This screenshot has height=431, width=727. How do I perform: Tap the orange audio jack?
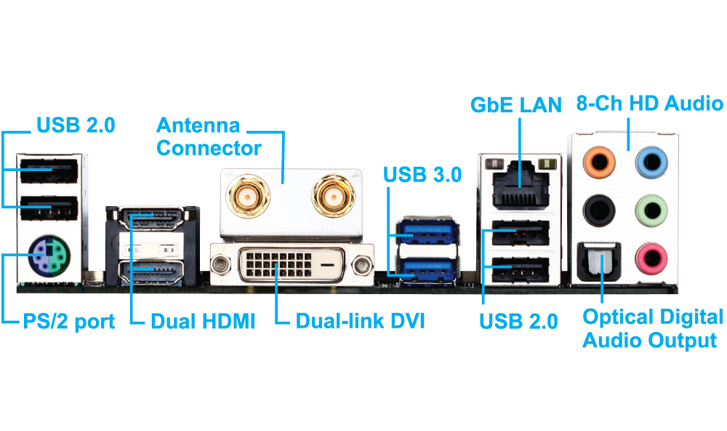[600, 161]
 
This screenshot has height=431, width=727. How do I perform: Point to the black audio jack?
[600, 210]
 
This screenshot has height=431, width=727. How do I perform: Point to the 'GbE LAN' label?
[516, 104]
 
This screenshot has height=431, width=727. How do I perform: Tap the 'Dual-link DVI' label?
[360, 321]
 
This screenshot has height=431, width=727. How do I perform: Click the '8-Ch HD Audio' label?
[649, 104]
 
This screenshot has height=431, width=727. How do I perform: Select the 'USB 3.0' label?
[422, 174]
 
